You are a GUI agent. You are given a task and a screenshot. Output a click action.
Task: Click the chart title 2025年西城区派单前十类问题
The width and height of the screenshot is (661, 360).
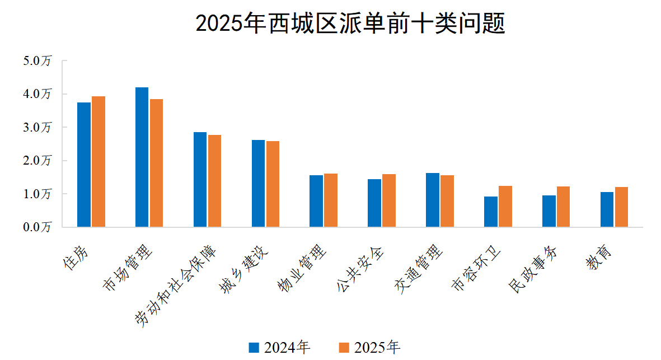[350, 24]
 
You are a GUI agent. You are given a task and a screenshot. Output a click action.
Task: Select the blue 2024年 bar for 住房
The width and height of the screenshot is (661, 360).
[84, 165]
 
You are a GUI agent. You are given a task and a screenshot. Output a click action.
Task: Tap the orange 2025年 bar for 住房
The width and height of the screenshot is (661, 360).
[99, 162]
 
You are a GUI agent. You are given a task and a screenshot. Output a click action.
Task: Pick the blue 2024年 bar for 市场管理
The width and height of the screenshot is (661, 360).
[142, 157]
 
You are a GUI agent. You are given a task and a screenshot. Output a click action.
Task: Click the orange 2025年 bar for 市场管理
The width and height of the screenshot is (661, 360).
[156, 163]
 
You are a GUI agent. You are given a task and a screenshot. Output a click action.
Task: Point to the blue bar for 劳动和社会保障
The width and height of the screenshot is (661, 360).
[200, 180]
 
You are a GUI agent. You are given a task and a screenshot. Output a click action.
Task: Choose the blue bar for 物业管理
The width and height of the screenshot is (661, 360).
[316, 201]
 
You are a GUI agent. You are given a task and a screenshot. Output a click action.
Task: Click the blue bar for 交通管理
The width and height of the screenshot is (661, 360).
[433, 200]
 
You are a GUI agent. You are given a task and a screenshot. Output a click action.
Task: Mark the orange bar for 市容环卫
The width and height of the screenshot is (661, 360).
[505, 207]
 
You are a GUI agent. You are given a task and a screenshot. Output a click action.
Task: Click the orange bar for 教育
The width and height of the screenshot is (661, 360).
[621, 207]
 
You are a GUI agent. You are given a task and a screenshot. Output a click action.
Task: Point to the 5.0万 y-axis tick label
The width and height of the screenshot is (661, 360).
[37, 61]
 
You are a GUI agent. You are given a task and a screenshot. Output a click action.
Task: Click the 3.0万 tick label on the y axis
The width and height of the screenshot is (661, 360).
[37, 128]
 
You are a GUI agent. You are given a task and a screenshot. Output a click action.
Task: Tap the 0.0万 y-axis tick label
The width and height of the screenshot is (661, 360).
[37, 227]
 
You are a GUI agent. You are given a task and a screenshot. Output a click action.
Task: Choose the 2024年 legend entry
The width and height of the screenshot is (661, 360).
[279, 348]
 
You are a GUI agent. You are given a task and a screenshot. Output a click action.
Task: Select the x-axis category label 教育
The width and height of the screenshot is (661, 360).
[599, 258]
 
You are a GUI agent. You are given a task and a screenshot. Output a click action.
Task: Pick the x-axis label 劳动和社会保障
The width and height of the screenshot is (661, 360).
[174, 286]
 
